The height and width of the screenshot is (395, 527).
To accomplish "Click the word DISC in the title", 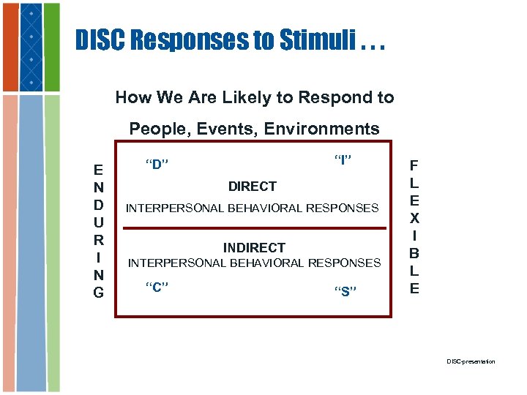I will (x=102, y=41).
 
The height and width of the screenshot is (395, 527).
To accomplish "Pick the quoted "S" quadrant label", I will (x=345, y=292).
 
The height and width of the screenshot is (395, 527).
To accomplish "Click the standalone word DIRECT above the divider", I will (x=253, y=187).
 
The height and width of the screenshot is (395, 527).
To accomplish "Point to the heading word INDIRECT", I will (x=254, y=247).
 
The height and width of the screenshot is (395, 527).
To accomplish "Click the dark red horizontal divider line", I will (x=253, y=228).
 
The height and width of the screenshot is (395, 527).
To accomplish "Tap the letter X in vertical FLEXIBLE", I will (x=414, y=217).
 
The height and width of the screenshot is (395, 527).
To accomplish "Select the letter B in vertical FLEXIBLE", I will (x=414, y=253).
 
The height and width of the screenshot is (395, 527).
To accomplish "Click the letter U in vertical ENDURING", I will (x=98, y=222).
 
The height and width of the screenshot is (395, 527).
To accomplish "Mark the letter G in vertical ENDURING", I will (x=98, y=293).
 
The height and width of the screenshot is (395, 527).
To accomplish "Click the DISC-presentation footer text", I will (x=471, y=361).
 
